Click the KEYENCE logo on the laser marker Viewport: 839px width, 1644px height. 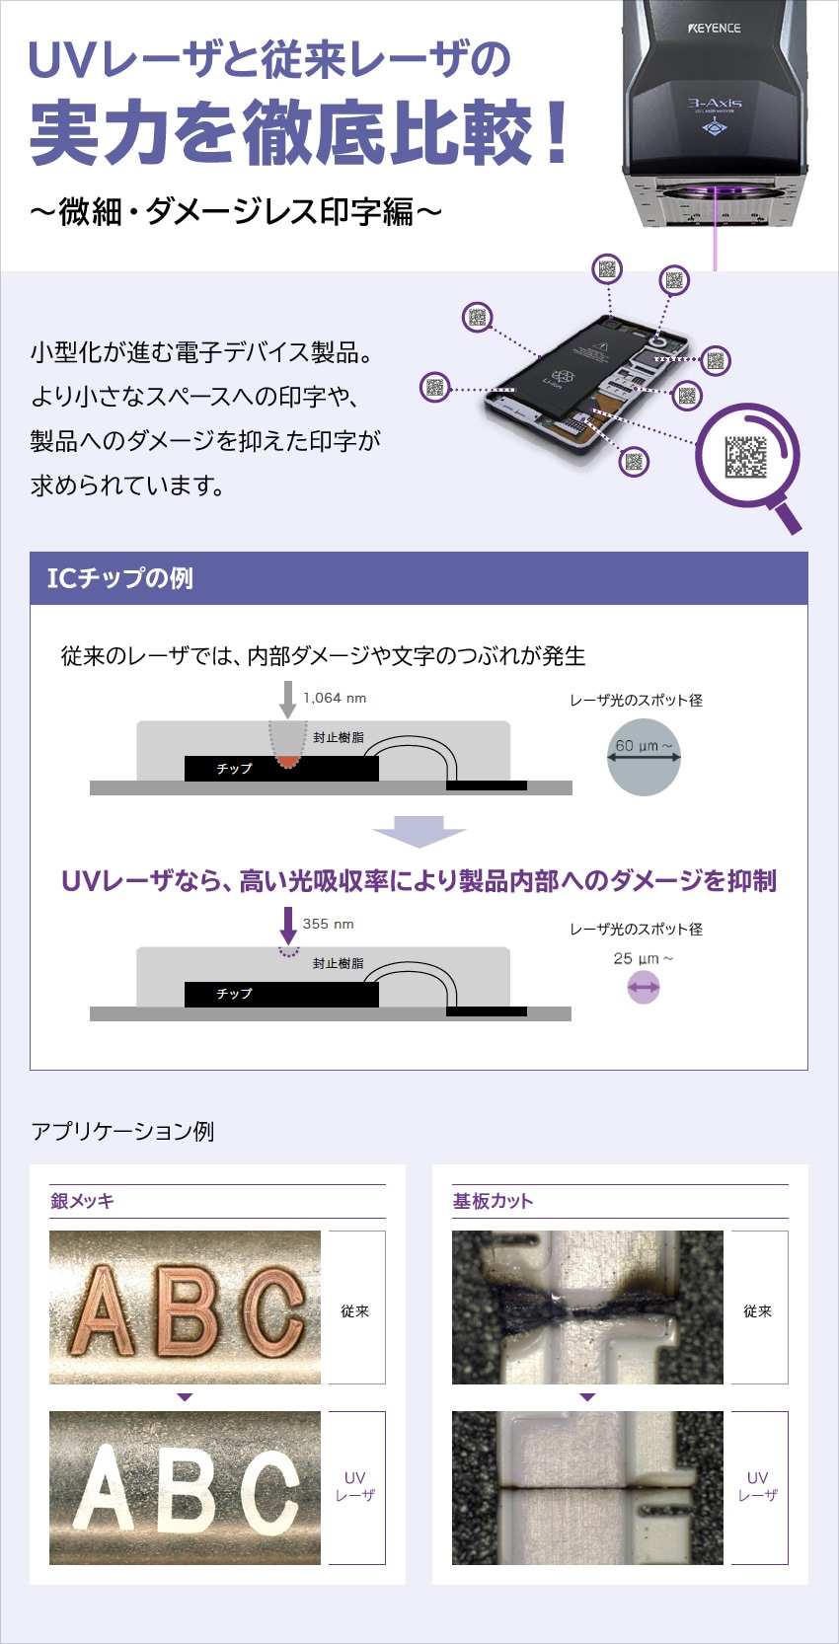[715, 29]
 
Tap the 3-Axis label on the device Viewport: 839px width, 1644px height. [715, 104]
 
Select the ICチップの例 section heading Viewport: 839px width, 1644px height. [119, 578]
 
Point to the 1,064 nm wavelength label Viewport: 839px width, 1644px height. [335, 698]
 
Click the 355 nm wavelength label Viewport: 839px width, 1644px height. [328, 924]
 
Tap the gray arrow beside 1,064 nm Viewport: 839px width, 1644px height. [288, 700]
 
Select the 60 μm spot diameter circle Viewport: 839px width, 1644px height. [644, 758]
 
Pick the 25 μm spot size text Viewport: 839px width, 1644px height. [643, 958]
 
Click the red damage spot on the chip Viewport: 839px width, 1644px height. [288, 761]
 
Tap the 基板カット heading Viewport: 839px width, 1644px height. [493, 1201]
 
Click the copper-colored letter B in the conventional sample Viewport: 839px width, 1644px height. [188, 1310]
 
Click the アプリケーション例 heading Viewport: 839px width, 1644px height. [122, 1132]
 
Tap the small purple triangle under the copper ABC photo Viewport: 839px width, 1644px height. [185, 1396]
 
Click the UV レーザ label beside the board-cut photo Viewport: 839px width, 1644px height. [757, 1487]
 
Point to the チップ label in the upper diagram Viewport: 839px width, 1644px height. [234, 769]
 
